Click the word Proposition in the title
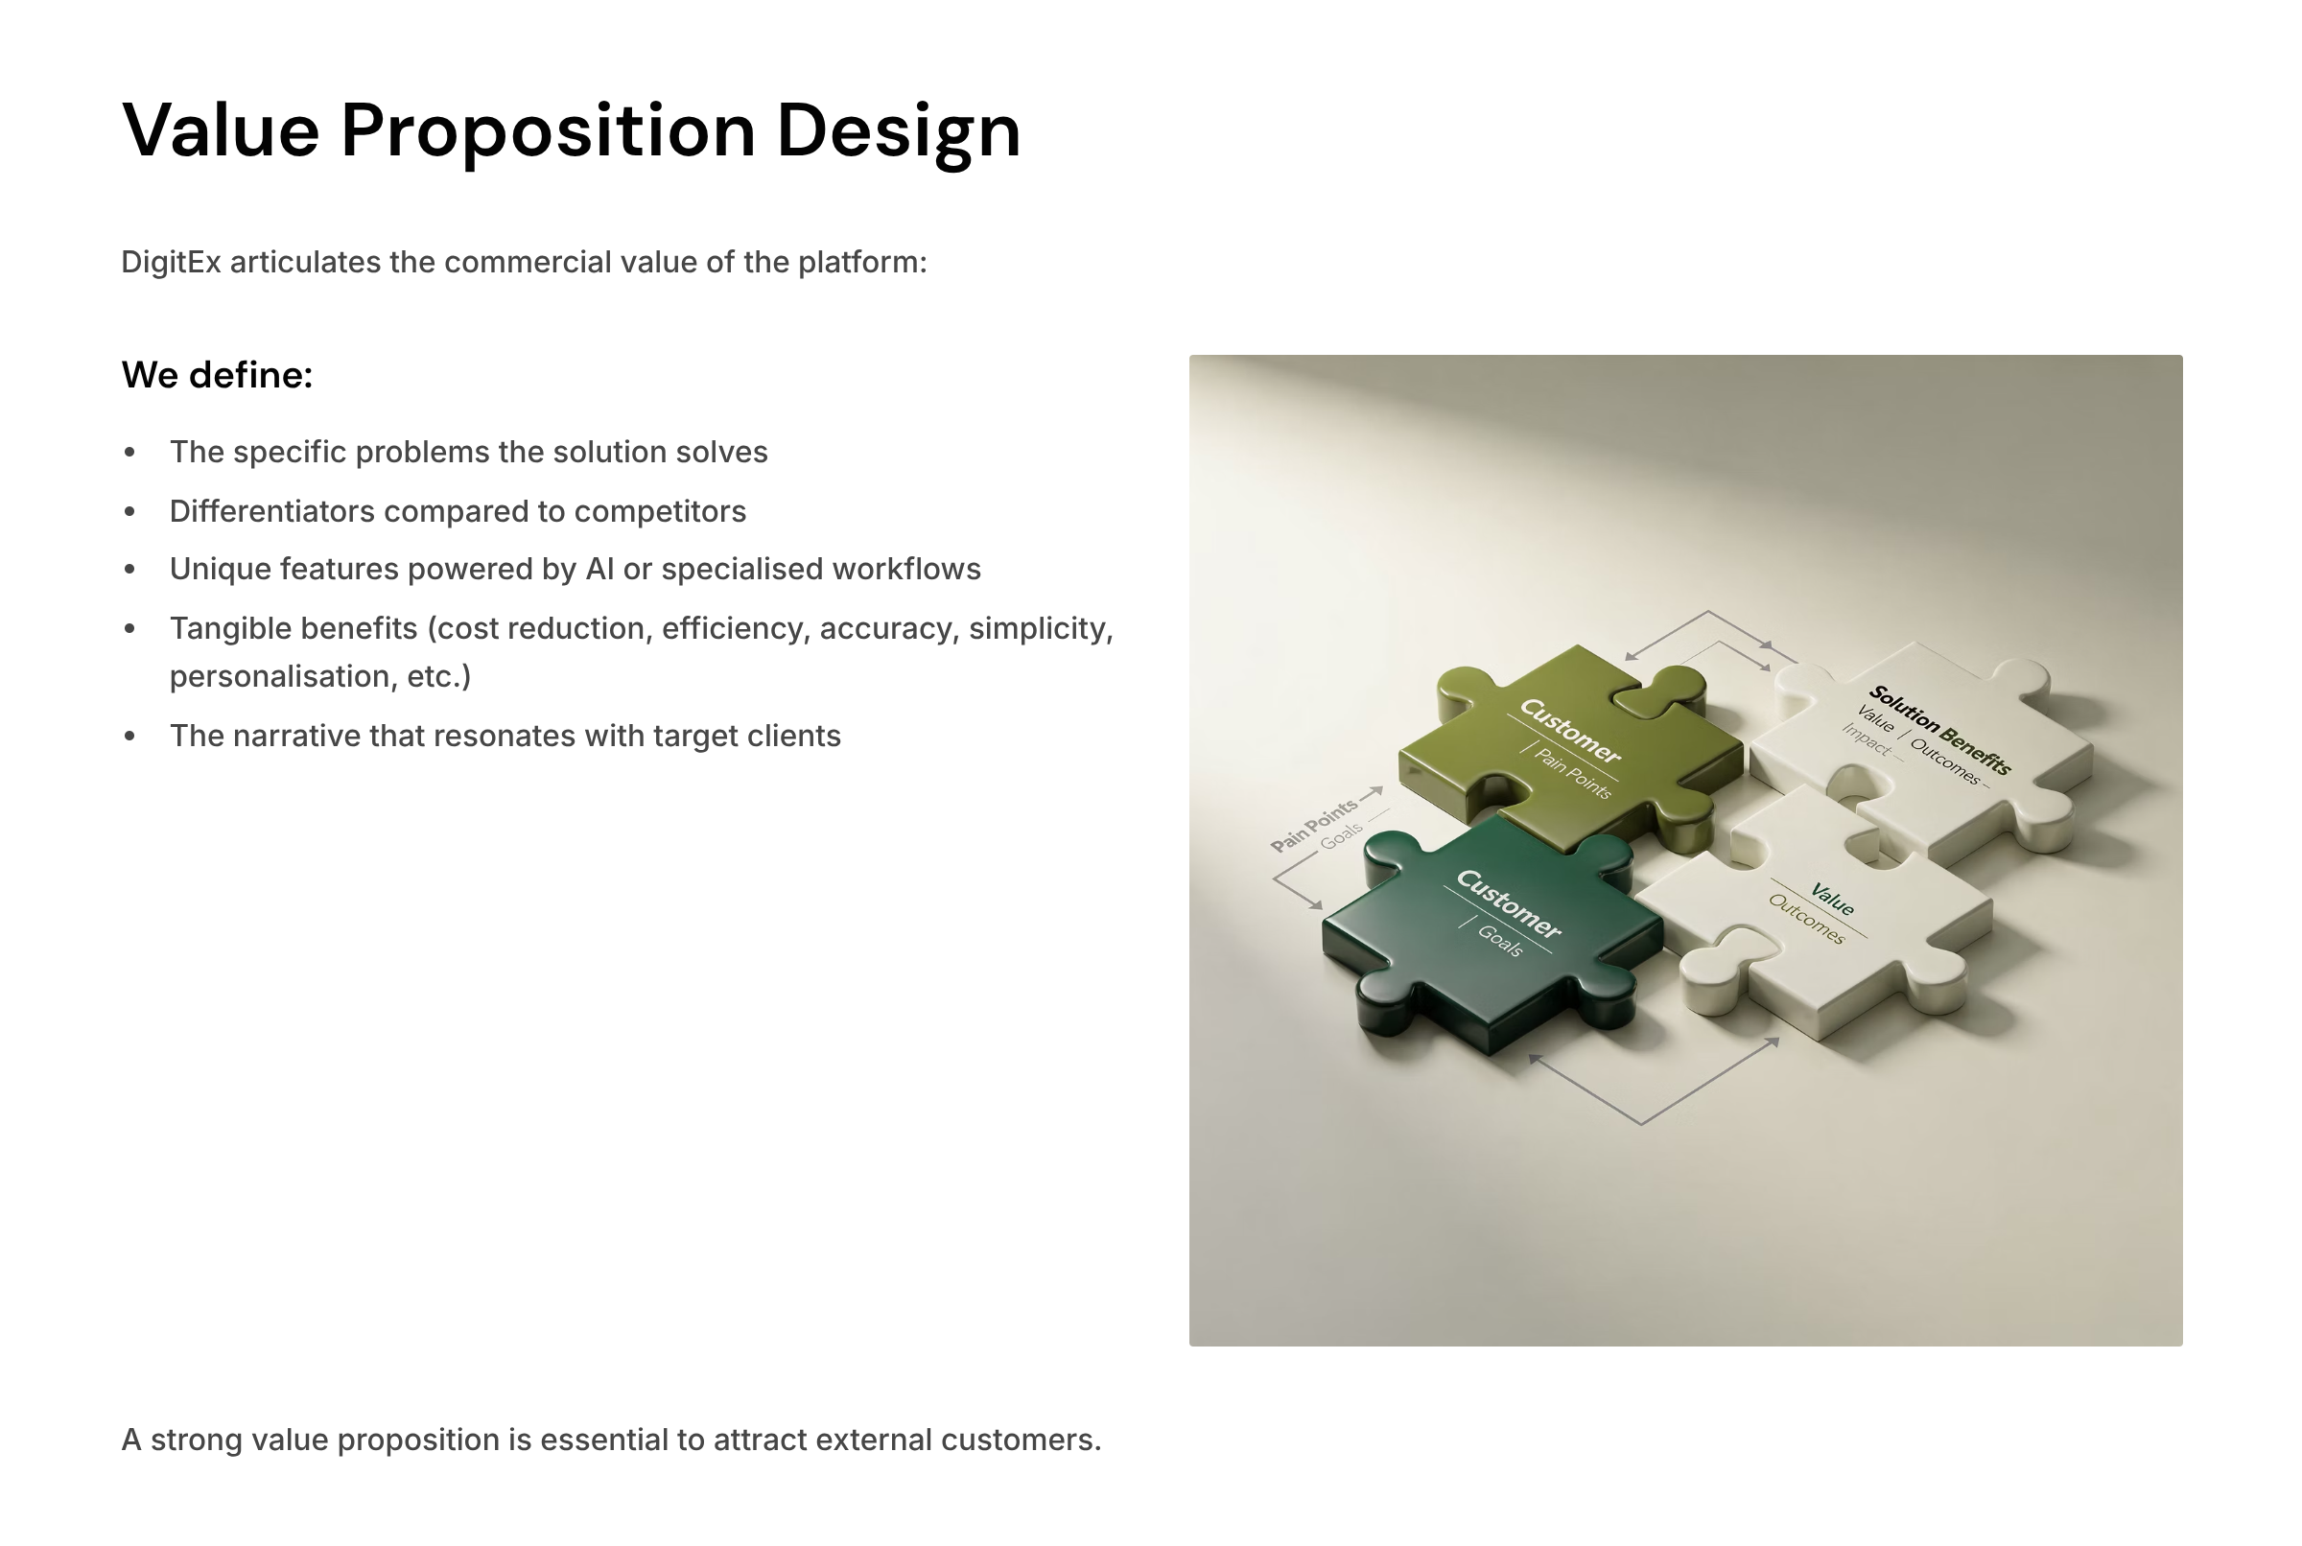pos(548,132)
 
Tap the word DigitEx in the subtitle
pos(171,262)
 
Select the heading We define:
pos(217,375)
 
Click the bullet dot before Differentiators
pos(130,512)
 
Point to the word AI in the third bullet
pos(599,569)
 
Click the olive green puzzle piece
pos(1567,749)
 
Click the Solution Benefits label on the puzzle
pos(1940,730)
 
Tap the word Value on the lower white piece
pos(1832,900)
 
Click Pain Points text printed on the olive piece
pos(1573,775)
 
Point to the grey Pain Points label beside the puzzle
pos(1313,827)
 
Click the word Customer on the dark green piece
pos(1509,904)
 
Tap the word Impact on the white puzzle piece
pos(1867,739)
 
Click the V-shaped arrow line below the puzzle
pos(1641,1123)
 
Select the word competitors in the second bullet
pos(661,512)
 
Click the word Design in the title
pos(898,132)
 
